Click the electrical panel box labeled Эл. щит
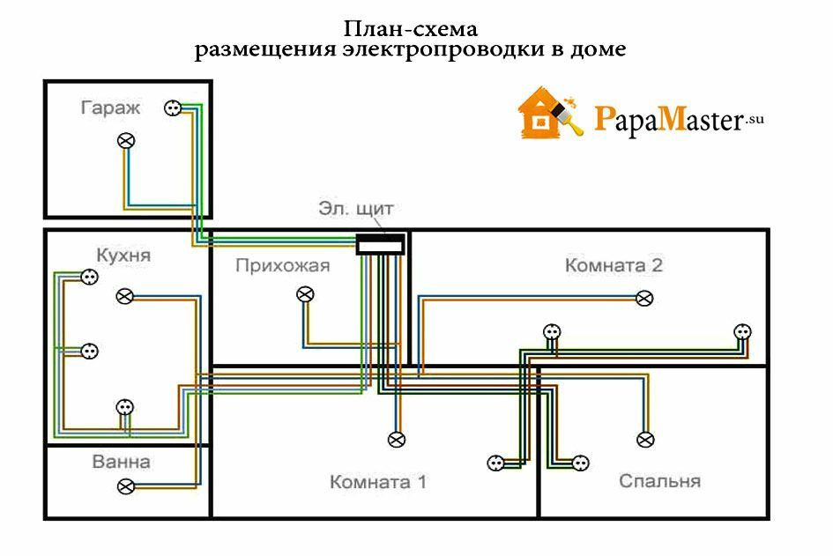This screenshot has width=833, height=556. pyautogui.click(x=380, y=244)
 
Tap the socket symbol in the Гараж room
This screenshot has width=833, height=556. pyautogui.click(x=172, y=108)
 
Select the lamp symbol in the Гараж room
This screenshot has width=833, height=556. pyautogui.click(x=127, y=140)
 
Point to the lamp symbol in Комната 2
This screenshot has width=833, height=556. pyautogui.click(x=645, y=298)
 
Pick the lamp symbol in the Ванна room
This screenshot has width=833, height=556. pyautogui.click(x=127, y=486)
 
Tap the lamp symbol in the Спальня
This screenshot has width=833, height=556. pyautogui.click(x=645, y=438)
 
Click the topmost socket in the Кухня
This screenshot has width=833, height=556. pyautogui.click(x=88, y=278)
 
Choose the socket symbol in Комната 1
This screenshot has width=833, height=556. pyautogui.click(x=495, y=462)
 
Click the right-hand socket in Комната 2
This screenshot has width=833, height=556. pyautogui.click(x=742, y=332)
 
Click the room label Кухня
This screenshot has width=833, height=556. pyautogui.click(x=123, y=256)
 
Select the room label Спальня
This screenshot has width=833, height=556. pyautogui.click(x=659, y=481)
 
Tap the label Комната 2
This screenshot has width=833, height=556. pyautogui.click(x=614, y=265)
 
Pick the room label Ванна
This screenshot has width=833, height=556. pyautogui.click(x=121, y=462)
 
